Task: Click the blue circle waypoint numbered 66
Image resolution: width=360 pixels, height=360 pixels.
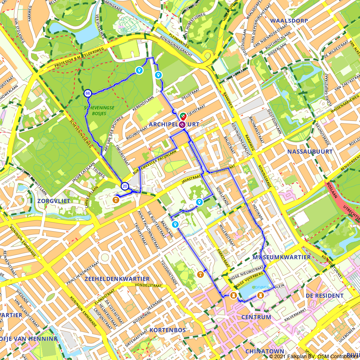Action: tap(87, 93)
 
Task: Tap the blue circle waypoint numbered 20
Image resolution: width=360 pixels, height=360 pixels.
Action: tap(125, 186)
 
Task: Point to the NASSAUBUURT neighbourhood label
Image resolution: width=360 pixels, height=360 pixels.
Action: tap(310, 152)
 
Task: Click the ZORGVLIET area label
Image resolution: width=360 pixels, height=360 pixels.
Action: tap(54, 201)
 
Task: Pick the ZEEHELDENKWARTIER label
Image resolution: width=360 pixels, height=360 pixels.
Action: tap(117, 279)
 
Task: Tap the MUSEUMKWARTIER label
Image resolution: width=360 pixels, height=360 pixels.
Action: tap(281, 257)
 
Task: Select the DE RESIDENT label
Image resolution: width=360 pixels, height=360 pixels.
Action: tap(324, 296)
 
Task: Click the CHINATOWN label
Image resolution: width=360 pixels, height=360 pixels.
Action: tap(265, 351)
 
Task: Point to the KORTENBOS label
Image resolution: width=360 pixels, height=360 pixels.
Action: tap(167, 330)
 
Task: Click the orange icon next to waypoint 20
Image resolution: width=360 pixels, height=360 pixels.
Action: tap(116, 200)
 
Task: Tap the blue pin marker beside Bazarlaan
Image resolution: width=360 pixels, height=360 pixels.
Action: tap(175, 225)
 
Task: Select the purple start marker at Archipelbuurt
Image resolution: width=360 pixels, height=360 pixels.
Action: tap(182, 125)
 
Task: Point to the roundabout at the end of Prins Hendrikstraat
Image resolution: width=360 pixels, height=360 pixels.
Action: tap(105, 257)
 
